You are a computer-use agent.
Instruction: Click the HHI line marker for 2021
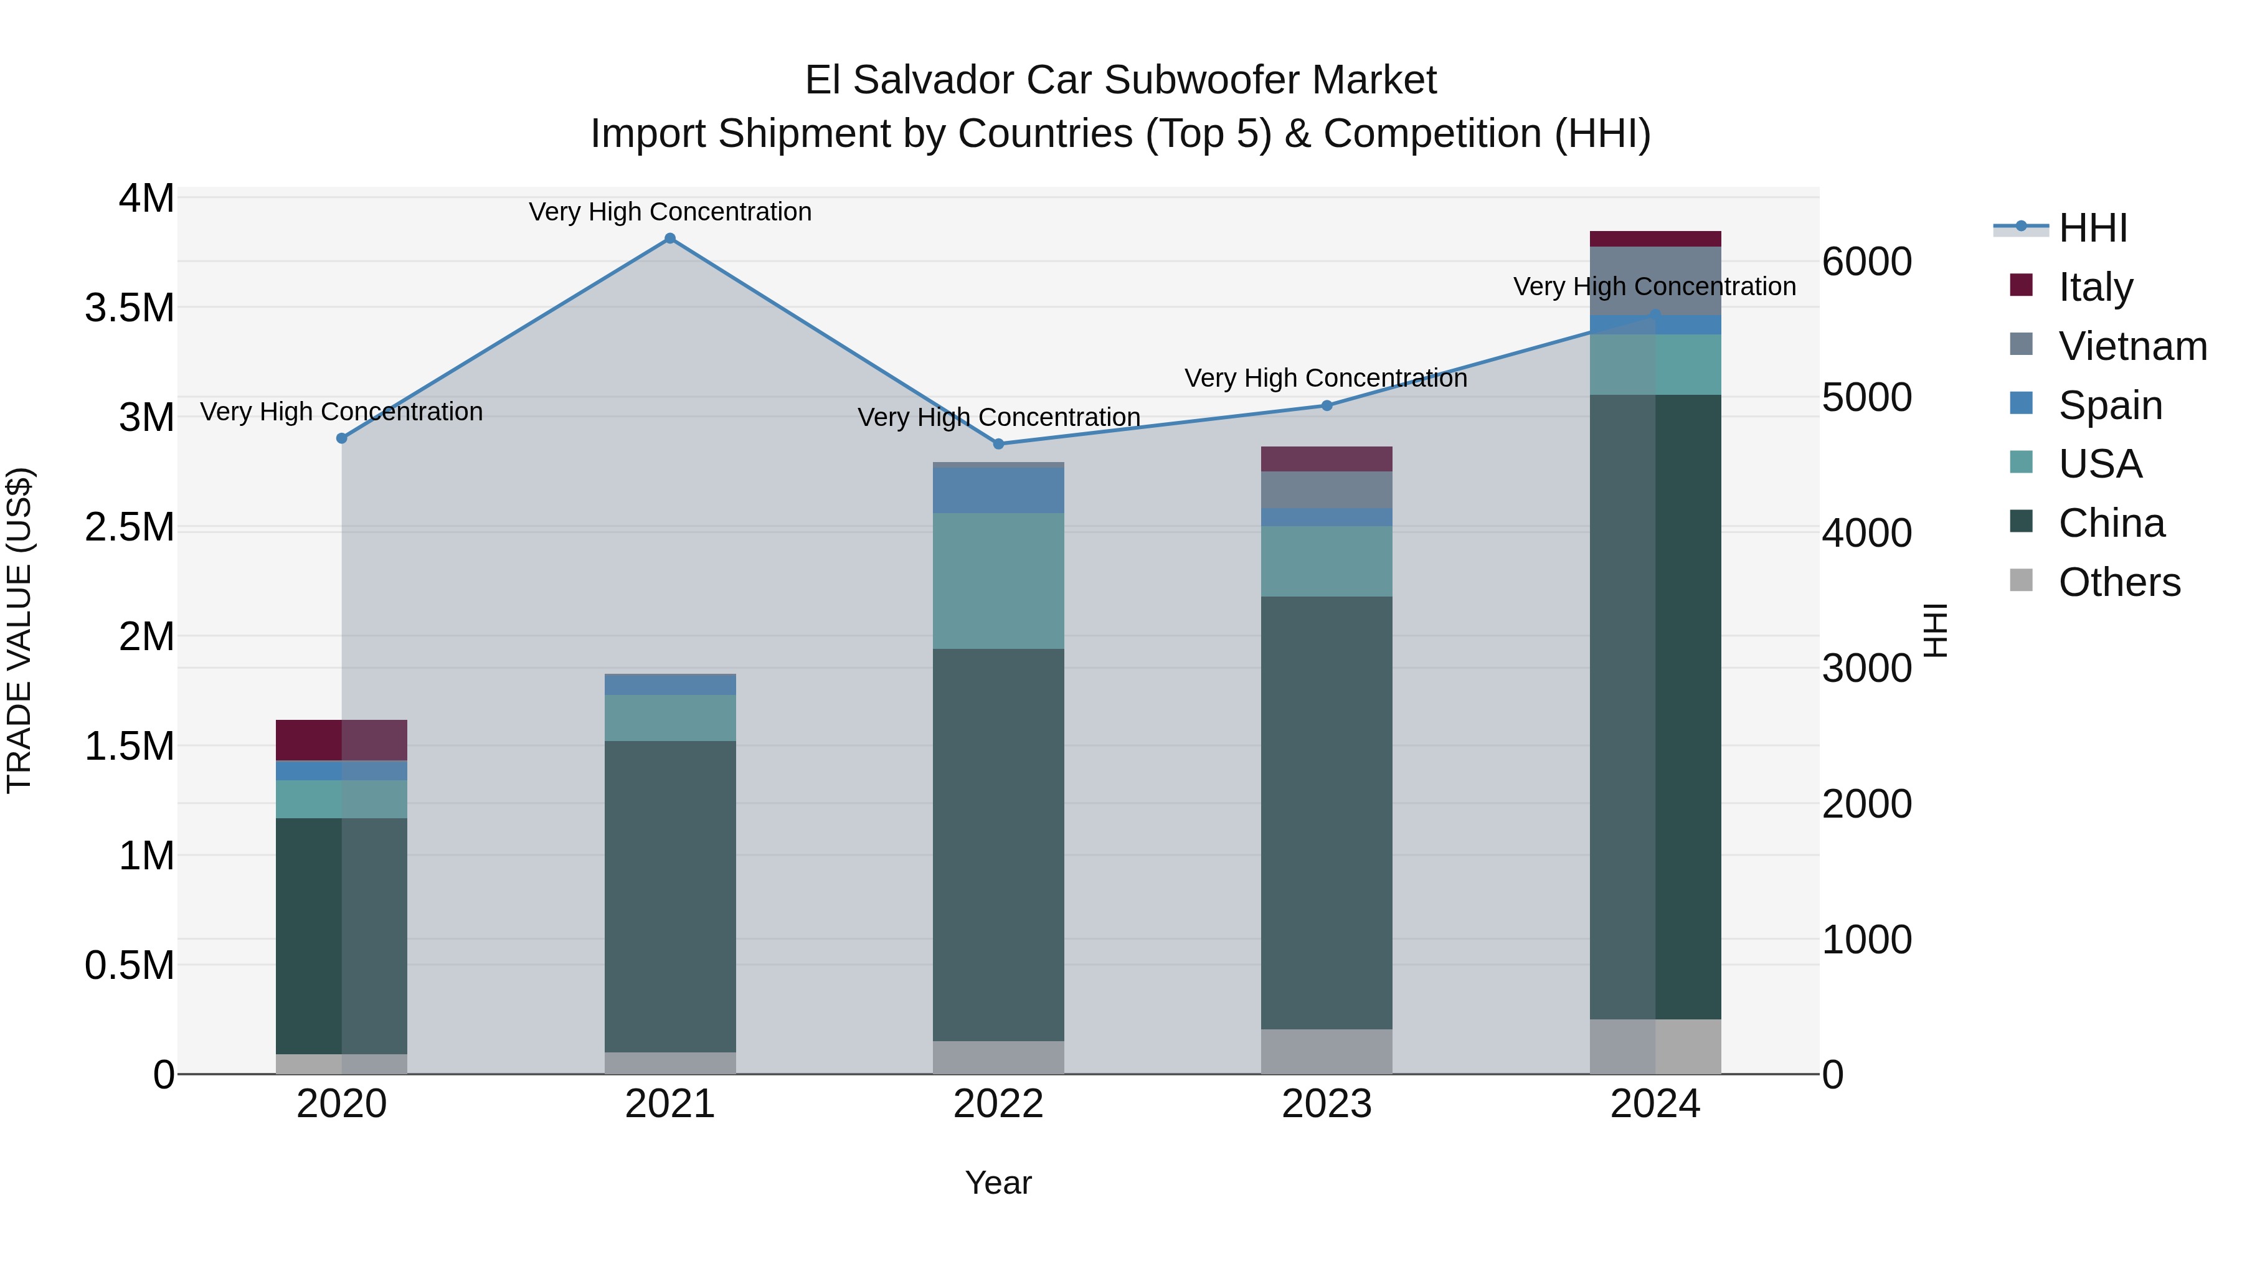pos(669,239)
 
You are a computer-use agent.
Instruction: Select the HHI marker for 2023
pos(1327,405)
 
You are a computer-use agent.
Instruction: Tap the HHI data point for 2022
pos(998,444)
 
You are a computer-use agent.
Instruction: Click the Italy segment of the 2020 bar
pos(341,740)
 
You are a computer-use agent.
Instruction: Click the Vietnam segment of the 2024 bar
pos(1655,280)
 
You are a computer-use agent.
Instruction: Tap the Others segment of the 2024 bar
pos(1655,1046)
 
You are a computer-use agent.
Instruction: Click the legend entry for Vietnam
pos(2132,346)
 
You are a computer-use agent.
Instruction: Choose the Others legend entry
pos(2119,582)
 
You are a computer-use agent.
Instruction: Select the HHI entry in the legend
pos(2093,228)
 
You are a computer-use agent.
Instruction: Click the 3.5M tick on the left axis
pos(129,308)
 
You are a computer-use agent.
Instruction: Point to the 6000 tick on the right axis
pos(1867,262)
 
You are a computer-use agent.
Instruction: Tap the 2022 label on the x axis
pos(998,1104)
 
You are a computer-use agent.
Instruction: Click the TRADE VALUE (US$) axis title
pos(19,630)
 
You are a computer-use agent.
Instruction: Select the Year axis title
pos(998,1183)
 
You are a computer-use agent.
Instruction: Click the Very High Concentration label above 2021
pos(669,212)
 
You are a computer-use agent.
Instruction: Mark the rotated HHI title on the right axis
pos(1935,630)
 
